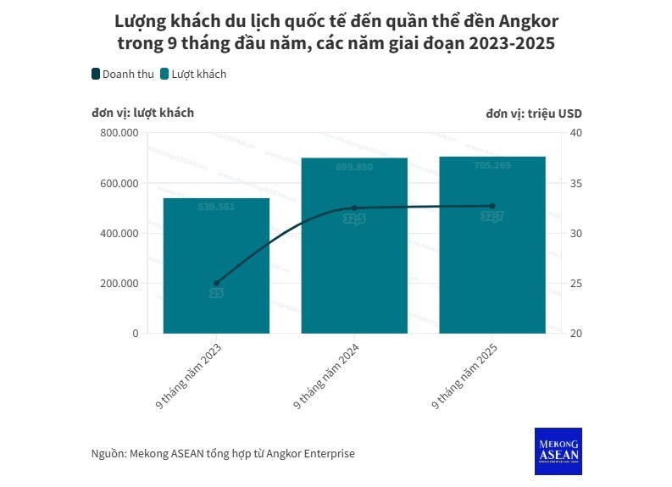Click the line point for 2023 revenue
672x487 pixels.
point(216,283)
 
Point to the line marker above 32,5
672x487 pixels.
point(354,208)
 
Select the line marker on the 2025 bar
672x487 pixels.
point(492,206)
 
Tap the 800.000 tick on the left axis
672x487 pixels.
point(119,133)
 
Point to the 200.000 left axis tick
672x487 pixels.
point(119,284)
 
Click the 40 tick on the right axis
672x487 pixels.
point(575,133)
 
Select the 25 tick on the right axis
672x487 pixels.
point(575,284)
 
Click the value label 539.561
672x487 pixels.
point(216,208)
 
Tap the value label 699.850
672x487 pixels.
point(354,168)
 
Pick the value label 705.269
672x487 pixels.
point(492,166)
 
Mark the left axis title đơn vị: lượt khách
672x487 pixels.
point(143,113)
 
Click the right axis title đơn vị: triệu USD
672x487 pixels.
point(534,113)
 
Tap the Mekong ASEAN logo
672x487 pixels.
point(558,451)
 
